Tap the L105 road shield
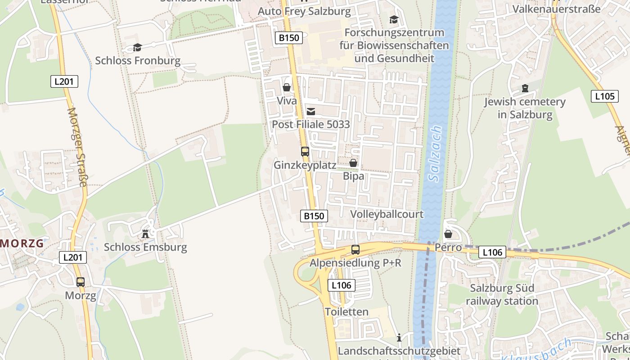604,96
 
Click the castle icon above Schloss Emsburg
145,234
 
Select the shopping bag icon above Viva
287,87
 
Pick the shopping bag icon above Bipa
353,163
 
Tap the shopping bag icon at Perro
448,234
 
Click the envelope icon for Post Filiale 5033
310,111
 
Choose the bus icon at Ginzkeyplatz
305,152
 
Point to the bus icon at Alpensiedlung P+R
355,250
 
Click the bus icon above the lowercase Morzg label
81,282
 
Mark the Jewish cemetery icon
525,88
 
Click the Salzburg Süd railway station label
502,294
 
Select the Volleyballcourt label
387,214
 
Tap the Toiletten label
346,311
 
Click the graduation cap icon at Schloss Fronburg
137,47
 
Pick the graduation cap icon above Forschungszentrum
394,19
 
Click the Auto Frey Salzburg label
304,11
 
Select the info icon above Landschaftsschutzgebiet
399,337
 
